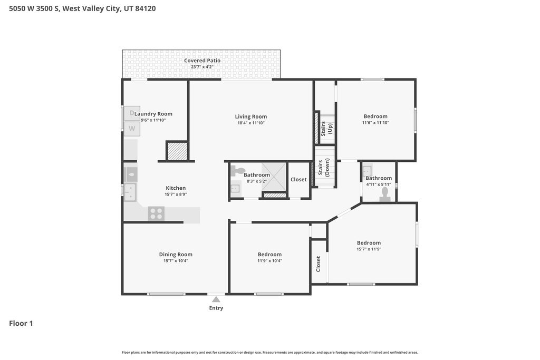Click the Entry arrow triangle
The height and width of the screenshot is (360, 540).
pos(216,299)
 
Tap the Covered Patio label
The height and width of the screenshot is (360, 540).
pos(202,61)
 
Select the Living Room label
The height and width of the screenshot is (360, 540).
pos(250,116)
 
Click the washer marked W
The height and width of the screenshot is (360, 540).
pos(132,129)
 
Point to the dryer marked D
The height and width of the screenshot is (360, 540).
pos(132,113)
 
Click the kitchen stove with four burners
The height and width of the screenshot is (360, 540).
pos(156,213)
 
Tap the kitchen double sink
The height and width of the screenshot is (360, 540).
pos(130,192)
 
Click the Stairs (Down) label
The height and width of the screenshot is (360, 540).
pos(324,167)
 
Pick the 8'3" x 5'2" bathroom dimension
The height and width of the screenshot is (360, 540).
pos(257,181)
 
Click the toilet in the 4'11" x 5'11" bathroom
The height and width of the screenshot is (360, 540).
pos(384,194)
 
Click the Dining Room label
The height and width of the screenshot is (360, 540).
pos(176,255)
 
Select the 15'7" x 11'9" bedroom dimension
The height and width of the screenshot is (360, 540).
pos(369,249)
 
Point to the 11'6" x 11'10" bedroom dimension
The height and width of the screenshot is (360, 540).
pos(375,122)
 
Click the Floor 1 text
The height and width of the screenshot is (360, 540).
pos(21,323)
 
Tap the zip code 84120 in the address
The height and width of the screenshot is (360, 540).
pos(146,8)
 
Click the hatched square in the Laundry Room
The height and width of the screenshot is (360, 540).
pos(177,151)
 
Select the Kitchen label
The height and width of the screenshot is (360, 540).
pos(176,188)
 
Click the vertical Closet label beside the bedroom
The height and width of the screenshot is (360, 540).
pos(318,264)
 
